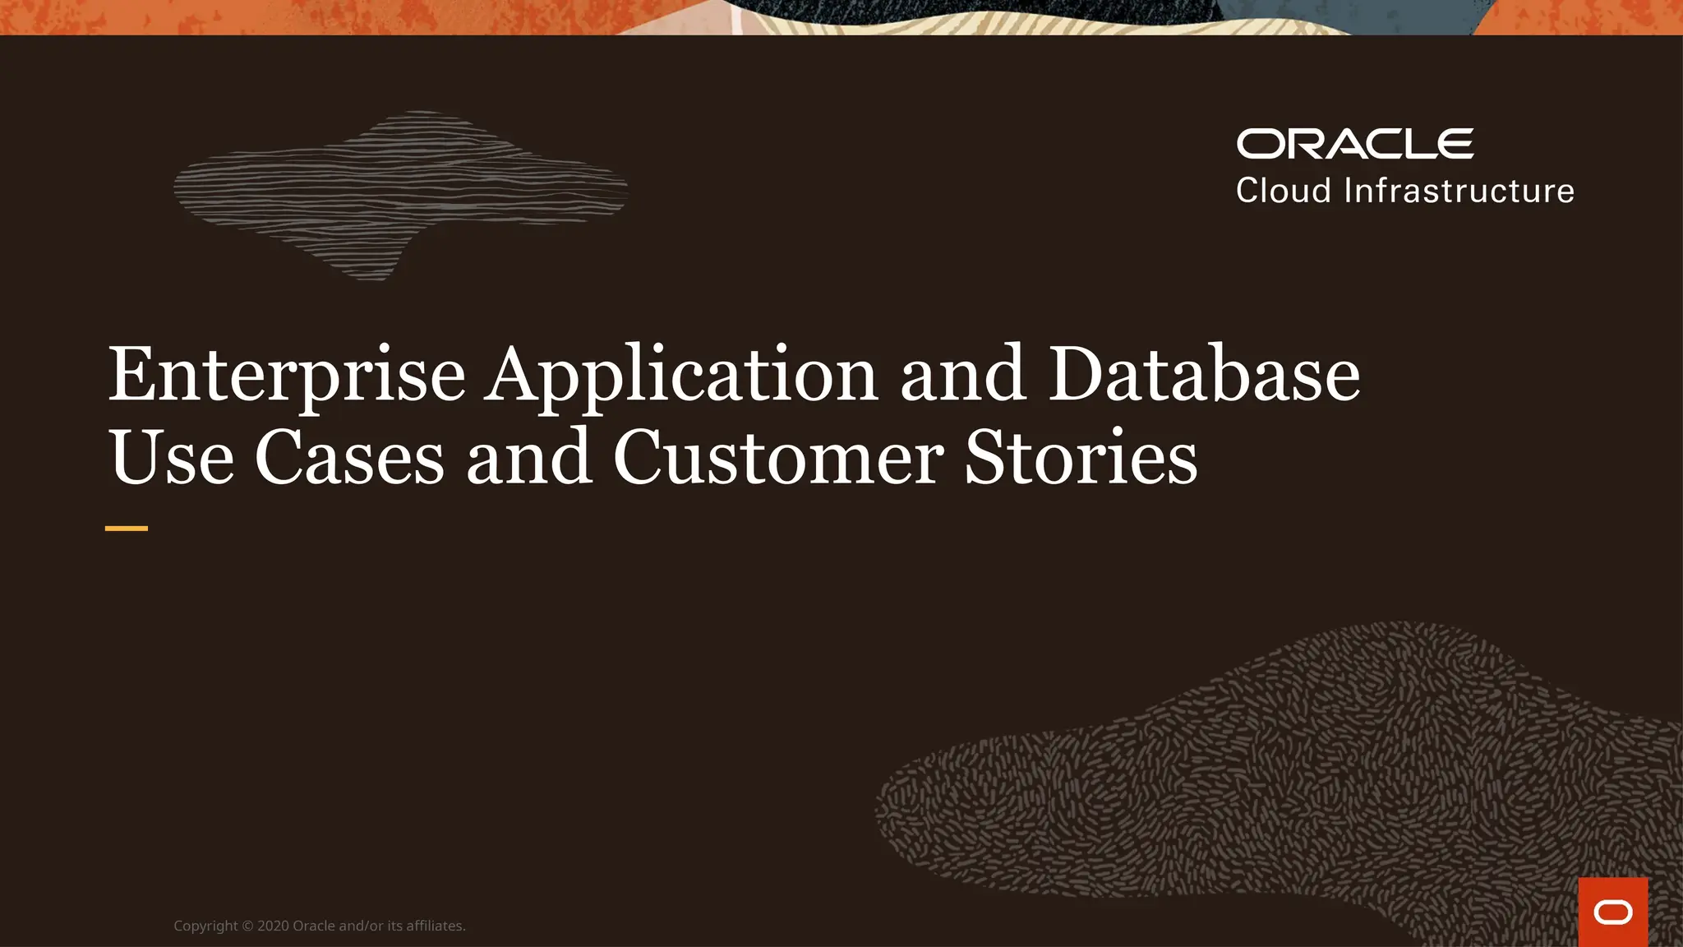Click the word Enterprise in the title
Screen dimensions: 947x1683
(287, 375)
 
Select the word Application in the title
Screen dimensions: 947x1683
(681, 375)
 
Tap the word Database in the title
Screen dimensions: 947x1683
(1204, 375)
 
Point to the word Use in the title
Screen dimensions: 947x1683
(171, 458)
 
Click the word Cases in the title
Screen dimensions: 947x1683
(349, 458)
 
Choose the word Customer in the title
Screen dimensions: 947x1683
(778, 458)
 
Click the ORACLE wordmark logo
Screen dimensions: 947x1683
(1354, 144)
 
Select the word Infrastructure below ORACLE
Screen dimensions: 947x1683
(1459, 191)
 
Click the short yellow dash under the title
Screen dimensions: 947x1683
(127, 529)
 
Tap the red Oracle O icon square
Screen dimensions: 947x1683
(1612, 912)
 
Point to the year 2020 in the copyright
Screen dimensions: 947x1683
(273, 926)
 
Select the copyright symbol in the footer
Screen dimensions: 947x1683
(247, 926)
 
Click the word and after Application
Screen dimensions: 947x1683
(962, 375)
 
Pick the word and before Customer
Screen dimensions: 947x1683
(529, 458)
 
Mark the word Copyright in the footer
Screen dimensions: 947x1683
(205, 926)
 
